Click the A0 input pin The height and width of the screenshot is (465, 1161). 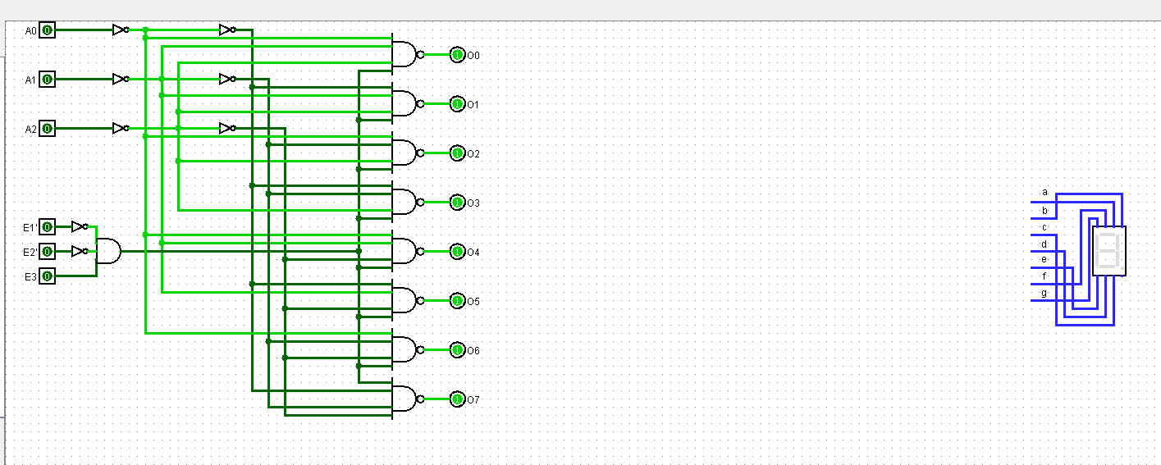(48, 30)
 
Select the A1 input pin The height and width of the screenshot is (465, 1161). (48, 80)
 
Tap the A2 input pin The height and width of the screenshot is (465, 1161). (48, 129)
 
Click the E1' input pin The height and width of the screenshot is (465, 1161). (48, 227)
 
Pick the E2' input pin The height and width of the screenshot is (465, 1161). (48, 252)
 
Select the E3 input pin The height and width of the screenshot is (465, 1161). (48, 276)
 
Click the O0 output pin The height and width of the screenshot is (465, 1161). (457, 55)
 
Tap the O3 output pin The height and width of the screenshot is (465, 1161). (457, 203)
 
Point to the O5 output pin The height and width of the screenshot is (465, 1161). (457, 301)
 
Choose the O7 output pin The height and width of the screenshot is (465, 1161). (457, 399)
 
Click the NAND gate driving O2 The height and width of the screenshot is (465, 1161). (405, 153)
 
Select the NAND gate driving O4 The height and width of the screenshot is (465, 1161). (405, 252)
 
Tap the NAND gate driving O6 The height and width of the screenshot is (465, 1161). (405, 350)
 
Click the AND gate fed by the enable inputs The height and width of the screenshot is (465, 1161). (108, 252)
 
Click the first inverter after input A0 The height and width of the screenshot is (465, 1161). (120, 30)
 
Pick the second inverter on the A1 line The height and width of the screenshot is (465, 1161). (227, 80)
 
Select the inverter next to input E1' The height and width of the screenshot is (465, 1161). (79, 227)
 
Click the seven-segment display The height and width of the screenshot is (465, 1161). (1109, 251)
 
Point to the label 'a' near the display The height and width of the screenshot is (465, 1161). (1044, 192)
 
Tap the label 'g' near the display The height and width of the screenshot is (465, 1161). (1044, 293)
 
